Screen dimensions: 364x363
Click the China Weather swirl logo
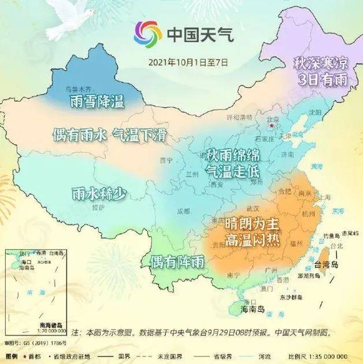[147, 35]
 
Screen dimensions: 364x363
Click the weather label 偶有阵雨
[177, 262]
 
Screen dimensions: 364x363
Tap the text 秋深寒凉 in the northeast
[321, 63]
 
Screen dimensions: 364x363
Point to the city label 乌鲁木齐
[78, 89]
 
